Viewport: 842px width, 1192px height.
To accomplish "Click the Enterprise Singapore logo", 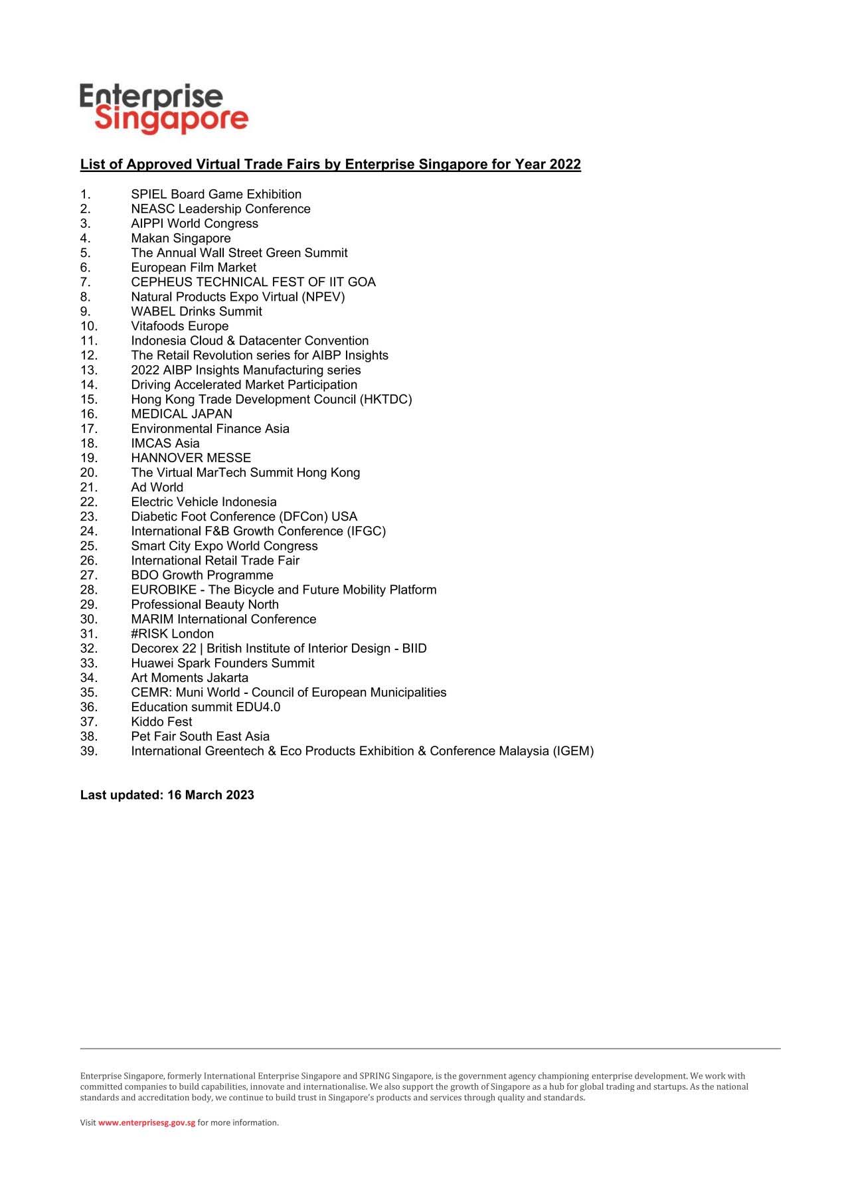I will (x=164, y=109).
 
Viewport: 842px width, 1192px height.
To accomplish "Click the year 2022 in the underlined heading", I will (x=564, y=165).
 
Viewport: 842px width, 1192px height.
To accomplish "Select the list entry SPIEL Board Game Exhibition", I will (x=216, y=195).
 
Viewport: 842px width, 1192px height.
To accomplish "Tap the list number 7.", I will (x=85, y=282).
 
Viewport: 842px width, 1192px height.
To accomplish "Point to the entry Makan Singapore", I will (x=181, y=238).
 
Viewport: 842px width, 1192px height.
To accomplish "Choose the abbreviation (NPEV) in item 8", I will (x=323, y=297).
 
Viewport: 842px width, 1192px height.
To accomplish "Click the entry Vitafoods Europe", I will (x=179, y=326).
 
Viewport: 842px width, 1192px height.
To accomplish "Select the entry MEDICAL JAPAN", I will (x=181, y=414).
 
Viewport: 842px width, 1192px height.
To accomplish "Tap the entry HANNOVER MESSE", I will (x=191, y=458).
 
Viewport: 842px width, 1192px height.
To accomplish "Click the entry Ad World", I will (x=157, y=487).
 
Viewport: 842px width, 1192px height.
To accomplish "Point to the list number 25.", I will (x=88, y=546).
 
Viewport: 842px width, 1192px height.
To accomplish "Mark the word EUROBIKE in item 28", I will (x=163, y=590).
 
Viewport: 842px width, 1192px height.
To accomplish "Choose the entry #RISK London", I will (x=172, y=634).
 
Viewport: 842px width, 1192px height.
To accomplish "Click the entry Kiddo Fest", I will (x=161, y=722).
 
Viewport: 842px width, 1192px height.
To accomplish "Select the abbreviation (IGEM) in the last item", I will (x=573, y=751).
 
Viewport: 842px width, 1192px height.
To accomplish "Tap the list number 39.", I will (x=88, y=751).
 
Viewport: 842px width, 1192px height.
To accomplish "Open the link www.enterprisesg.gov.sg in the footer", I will (x=147, y=1123).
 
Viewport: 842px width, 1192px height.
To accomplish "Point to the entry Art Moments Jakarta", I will (x=189, y=678).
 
